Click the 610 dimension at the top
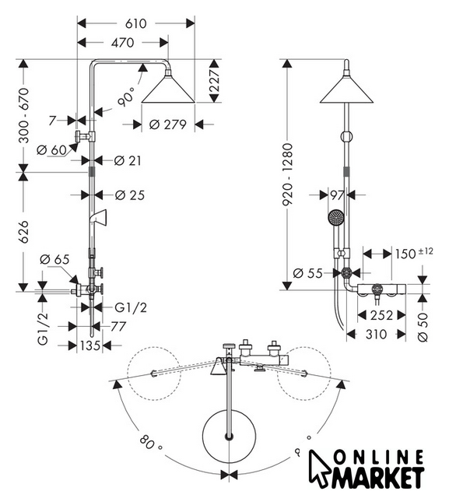pos(136,23)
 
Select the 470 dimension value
pos(123,43)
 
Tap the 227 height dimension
pos(215,81)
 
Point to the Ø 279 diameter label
pos(167,124)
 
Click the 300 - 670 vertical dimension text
pos(24,116)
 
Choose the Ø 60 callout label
pos(51,150)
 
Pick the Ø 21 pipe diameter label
pos(128,161)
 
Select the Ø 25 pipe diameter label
pos(129,195)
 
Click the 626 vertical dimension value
pos(24,232)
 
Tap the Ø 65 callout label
pos(54,259)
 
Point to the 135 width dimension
pos(90,345)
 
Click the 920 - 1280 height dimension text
pos(288,174)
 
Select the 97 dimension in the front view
pos(337,195)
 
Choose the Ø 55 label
pos(307,273)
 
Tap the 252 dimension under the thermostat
pos(381,315)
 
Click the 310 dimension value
pos(377,334)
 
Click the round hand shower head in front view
pos(336,217)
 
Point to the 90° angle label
pos(126,96)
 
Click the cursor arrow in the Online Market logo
pos(320,468)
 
